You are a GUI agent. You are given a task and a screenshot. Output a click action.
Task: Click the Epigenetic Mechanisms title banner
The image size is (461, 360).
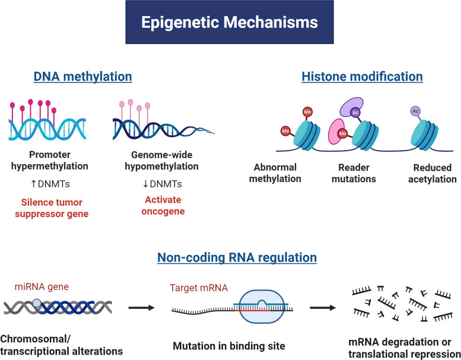coord(230,22)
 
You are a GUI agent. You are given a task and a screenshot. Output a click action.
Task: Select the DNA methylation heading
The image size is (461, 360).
coord(82,77)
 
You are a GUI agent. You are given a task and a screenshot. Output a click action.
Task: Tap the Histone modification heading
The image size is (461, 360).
coord(362,77)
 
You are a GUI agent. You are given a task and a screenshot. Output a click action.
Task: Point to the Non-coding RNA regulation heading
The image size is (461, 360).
coord(237,257)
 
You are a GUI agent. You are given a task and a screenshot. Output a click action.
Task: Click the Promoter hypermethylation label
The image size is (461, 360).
coord(50,161)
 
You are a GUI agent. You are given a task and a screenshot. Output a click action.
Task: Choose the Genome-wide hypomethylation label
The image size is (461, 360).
coord(162,161)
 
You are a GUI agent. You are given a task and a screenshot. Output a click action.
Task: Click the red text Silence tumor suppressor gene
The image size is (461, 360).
coord(52,208)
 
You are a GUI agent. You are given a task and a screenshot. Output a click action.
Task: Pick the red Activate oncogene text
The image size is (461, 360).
coord(163,205)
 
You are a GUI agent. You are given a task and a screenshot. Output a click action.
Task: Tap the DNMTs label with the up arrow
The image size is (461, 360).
coord(50,184)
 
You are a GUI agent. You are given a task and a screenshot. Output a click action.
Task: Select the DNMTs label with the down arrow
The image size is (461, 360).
coord(163,184)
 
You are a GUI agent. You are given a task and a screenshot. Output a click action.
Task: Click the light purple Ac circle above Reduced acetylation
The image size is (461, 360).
coord(415,111)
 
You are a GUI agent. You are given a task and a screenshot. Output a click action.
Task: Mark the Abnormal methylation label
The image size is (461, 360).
coord(275,173)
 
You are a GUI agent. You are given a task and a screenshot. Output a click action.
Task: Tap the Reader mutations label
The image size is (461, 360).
coord(354,173)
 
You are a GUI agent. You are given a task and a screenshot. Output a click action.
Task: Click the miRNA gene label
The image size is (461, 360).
coord(42,286)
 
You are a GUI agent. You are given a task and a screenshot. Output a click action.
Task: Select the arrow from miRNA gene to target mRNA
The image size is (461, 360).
coord(141,308)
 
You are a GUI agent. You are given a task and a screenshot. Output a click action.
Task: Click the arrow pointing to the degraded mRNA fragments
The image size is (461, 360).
coord(323,308)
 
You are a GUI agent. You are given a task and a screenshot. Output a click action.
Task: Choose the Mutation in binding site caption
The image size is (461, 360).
coord(229,346)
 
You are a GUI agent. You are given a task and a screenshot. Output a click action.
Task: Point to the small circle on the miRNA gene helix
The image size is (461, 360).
coord(37,303)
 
